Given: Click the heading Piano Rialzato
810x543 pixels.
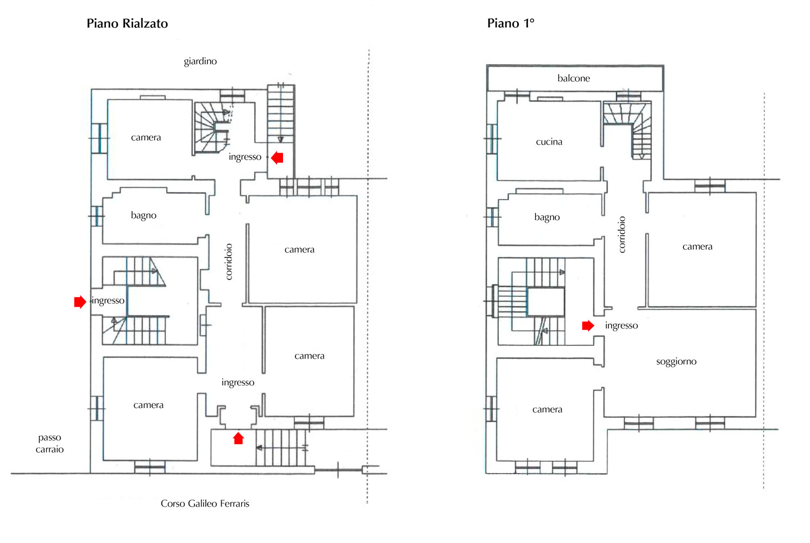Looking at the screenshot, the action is coord(127,23).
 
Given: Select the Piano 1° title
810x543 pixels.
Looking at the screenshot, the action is coord(511,23).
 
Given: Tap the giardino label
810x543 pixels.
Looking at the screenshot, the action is coord(200,61).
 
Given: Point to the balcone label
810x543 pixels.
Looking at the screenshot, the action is coord(574,78).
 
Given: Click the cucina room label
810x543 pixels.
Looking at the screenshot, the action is coord(549,142).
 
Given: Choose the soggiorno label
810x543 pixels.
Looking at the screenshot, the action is coord(676,362).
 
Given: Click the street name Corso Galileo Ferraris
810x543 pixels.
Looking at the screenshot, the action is coord(205,503).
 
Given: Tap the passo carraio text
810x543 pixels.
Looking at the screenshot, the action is coord(49,443).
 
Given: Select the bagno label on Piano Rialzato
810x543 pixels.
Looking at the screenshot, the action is coord(143,216).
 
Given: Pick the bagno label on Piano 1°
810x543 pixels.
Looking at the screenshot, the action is coord(547,217).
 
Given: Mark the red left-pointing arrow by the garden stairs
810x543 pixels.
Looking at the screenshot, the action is coord(277,157).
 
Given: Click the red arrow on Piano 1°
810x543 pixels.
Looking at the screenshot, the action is coord(588,326).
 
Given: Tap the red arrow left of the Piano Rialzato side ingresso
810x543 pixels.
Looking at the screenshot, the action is coord(80,301).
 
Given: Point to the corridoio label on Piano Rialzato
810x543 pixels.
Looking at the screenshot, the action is coord(229,262).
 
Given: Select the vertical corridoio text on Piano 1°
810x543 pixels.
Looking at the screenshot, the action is coord(621,234).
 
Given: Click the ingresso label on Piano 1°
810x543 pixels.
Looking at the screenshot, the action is coord(621,326).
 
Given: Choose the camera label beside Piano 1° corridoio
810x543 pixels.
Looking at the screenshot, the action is coord(697,247).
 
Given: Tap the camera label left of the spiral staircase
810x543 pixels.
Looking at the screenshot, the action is coord(146,137).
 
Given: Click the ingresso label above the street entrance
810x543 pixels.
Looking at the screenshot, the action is coord(237,382).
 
